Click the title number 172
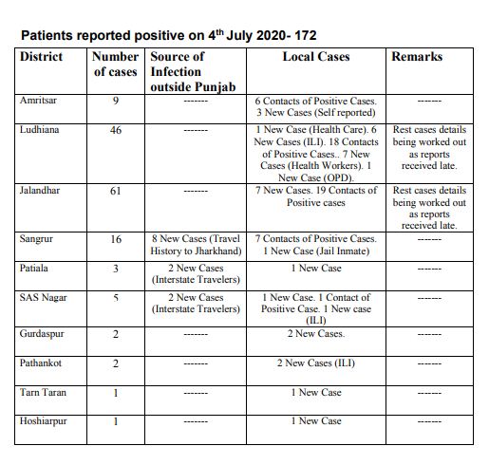point(305,35)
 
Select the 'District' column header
point(41,57)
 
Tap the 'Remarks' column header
point(417,57)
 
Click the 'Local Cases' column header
point(316,57)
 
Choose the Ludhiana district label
point(39,129)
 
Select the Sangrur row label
point(37,239)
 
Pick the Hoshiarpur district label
point(44,420)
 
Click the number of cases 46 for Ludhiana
point(116,130)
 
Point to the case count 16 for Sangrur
point(116,240)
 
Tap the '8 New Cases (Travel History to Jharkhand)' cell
point(196,245)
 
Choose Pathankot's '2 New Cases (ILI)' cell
point(316,363)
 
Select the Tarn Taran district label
point(42,392)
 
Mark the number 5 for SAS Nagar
point(116,298)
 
